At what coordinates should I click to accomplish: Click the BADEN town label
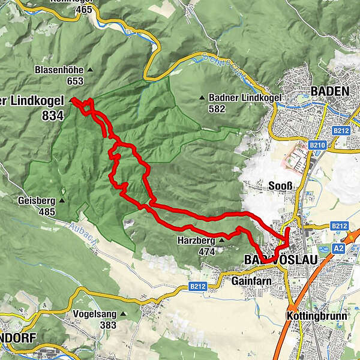[x=329, y=91]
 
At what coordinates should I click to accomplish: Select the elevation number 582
[x=216, y=109]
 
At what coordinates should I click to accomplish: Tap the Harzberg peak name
[x=194, y=241]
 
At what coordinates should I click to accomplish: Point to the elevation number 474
[x=206, y=252]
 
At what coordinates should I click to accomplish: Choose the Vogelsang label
[x=93, y=314]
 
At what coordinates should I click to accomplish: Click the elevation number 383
[x=108, y=325]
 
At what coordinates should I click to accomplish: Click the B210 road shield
[x=317, y=145]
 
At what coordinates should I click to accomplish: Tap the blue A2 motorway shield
[x=337, y=248]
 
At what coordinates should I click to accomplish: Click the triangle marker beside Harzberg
[x=221, y=241]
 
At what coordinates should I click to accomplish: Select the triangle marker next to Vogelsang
[x=123, y=314]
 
